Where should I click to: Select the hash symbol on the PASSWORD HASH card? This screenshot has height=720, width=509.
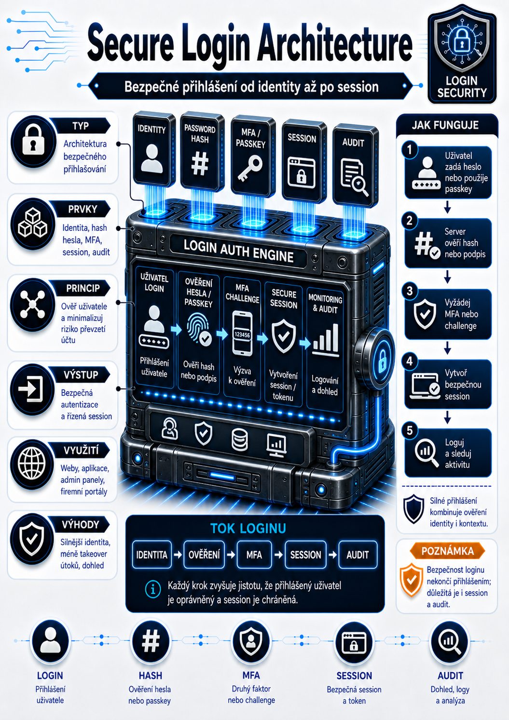[x=200, y=164]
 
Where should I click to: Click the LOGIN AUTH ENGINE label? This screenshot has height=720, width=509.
[x=238, y=251]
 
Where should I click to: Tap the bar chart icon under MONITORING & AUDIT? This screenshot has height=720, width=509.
[x=325, y=340]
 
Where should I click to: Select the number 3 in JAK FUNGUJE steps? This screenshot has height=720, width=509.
[x=410, y=291]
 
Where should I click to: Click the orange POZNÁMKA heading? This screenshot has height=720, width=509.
[x=447, y=551]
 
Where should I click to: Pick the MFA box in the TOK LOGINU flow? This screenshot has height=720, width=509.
[x=254, y=554]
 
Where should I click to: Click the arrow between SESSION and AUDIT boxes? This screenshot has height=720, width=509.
[x=333, y=554]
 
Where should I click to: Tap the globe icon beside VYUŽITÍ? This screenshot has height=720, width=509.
[x=31, y=463]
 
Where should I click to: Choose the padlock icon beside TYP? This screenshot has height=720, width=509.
[x=33, y=140]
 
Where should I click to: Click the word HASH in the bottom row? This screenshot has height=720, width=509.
[x=151, y=676]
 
